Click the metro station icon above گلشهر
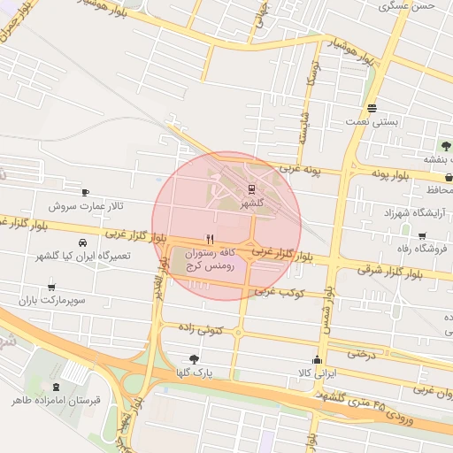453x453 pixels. click(x=252, y=188)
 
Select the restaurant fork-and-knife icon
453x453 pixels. click(x=210, y=238)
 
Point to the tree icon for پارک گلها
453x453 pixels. click(x=195, y=359)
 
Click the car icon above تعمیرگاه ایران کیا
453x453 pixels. click(x=82, y=242)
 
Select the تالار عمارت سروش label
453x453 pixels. click(x=87, y=205)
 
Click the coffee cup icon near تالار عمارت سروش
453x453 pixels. click(x=85, y=192)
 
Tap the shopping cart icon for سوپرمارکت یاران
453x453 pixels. click(x=52, y=288)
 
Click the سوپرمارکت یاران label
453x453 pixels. click(x=56, y=301)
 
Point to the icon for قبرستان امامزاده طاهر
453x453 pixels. click(x=57, y=387)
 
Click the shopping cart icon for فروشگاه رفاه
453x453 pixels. click(x=422, y=236)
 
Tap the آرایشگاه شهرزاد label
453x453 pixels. click(x=411, y=214)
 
